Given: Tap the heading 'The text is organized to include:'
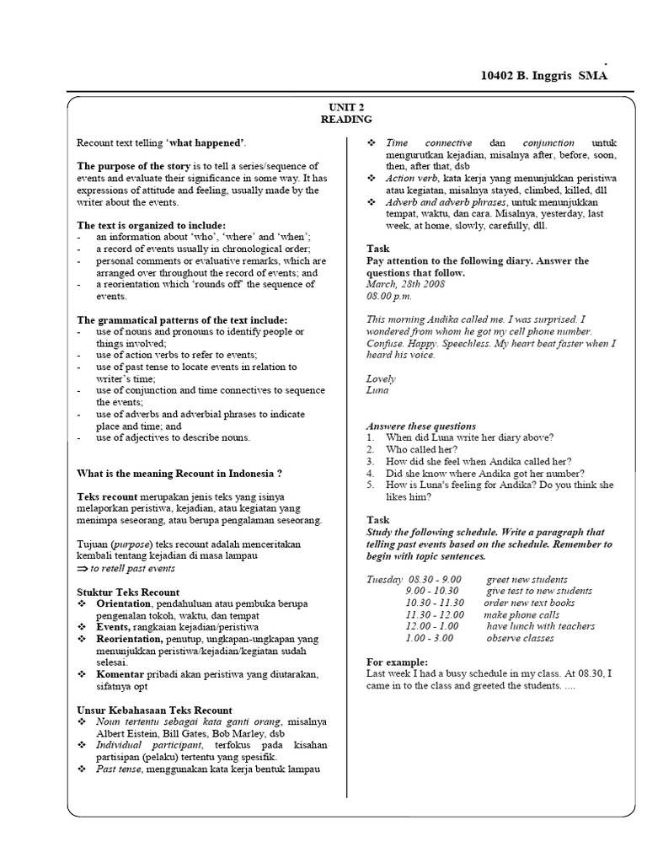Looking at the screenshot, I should [152, 226].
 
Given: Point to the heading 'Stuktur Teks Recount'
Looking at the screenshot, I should [128, 592].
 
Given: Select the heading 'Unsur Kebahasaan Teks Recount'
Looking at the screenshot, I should [155, 710].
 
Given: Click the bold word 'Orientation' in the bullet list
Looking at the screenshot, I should [123, 604].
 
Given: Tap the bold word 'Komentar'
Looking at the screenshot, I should [120, 675].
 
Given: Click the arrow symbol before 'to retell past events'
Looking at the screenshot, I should [82, 569].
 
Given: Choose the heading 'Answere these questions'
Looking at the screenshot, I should [421, 426].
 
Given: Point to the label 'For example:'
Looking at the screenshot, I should [398, 662].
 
